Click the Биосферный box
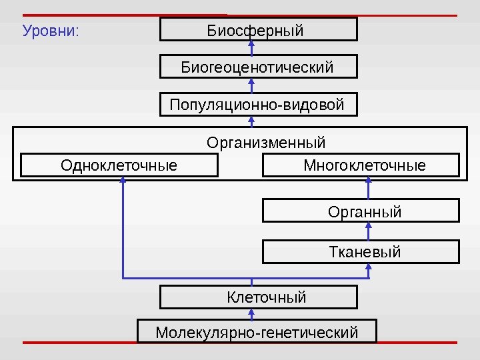259,30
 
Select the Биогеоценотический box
259,67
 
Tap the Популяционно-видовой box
259,105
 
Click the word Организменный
266,143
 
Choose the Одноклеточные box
119,165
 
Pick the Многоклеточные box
361,165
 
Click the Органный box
361,211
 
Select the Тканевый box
361,252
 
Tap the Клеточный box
259,297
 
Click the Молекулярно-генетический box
257,331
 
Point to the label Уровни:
51,31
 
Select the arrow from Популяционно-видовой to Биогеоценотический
252,86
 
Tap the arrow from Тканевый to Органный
369,231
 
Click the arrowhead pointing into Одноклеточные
123,181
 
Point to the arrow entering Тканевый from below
369,269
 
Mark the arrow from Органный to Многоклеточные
369,188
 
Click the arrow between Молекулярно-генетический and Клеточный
252,314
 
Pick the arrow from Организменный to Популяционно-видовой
252,121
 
